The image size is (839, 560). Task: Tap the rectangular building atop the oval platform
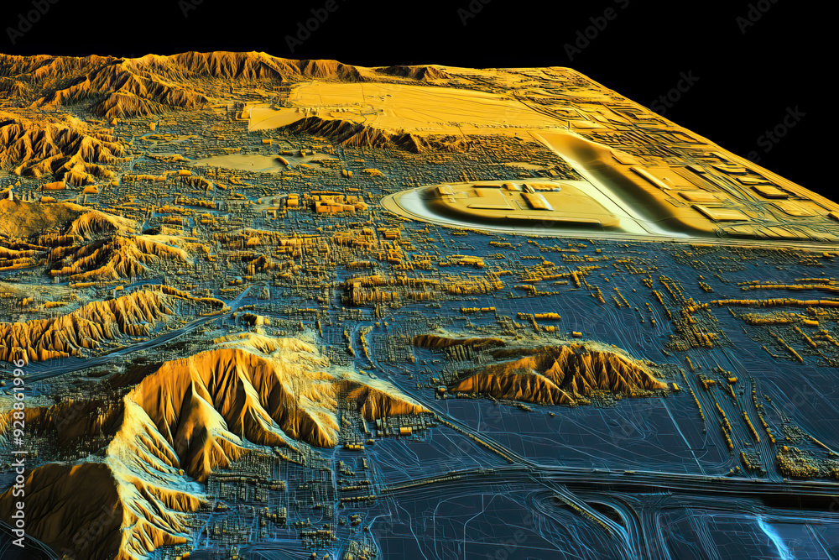click(x=538, y=201)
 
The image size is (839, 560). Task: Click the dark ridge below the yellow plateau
click(x=361, y=133)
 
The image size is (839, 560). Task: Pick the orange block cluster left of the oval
click(x=336, y=204)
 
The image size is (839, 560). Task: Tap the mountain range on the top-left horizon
click(x=168, y=71)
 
